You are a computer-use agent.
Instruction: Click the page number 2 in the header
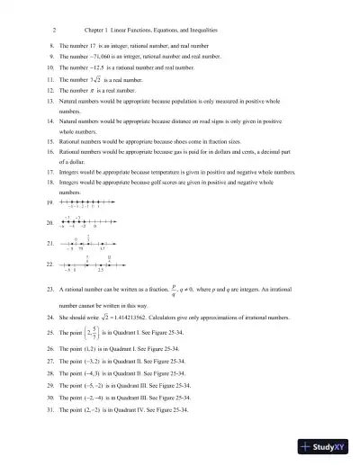(x=56, y=29)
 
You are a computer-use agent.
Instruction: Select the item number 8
(x=51, y=44)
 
